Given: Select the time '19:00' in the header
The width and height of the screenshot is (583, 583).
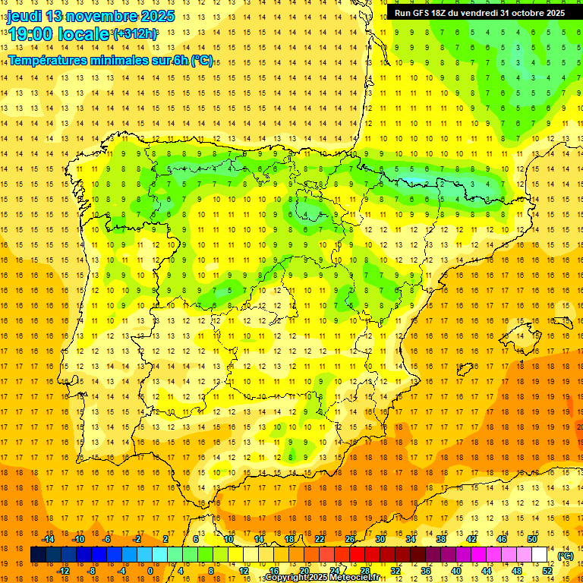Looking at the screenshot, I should (28, 34).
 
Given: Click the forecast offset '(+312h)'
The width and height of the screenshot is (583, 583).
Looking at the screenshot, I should (135, 34).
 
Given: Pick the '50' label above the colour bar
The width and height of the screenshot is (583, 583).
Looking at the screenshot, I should (532, 539).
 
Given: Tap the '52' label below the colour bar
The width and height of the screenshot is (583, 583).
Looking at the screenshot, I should (547, 571).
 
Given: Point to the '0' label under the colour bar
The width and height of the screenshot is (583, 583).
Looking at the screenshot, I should (150, 571).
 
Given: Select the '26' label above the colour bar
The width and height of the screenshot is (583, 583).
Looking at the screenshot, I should (350, 539).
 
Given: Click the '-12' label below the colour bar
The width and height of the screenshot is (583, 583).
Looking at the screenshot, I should (63, 571).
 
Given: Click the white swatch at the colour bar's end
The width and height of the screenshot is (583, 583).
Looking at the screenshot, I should (539, 555).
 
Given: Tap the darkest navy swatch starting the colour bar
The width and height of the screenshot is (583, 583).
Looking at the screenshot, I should (38, 555).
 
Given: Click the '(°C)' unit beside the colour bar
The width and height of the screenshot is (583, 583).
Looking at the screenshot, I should (566, 555).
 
